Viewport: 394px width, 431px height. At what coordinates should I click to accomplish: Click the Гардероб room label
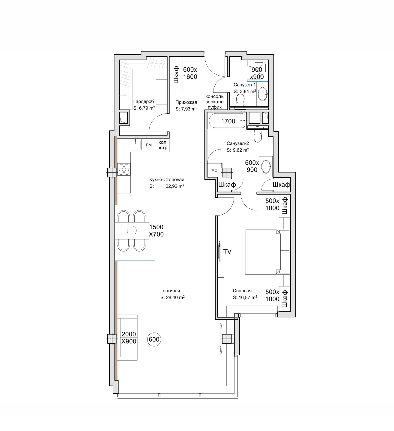tap(143, 101)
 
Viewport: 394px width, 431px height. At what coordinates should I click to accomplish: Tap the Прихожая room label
tap(186, 102)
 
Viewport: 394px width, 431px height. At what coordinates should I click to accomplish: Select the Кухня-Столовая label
tap(167, 179)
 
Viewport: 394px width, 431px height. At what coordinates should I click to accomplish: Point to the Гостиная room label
tap(170, 291)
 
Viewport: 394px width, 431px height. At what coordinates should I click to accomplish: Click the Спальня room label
tap(242, 291)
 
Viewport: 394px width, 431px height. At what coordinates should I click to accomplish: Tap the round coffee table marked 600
tap(154, 339)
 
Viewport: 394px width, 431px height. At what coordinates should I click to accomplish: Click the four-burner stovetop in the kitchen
tap(124, 169)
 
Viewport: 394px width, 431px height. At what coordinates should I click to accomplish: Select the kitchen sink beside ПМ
tap(135, 144)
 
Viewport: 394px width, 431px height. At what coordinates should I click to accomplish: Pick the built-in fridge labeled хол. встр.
tap(163, 145)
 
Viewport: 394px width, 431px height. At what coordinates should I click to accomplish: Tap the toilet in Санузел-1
tap(240, 101)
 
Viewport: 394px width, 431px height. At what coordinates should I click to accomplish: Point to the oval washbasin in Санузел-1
tap(263, 94)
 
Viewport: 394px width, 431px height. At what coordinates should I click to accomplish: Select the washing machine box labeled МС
tap(214, 170)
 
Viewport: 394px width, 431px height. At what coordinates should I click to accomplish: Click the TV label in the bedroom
tap(227, 252)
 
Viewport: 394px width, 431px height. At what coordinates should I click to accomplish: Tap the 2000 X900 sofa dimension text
tap(129, 338)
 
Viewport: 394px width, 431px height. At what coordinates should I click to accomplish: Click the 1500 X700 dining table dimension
tap(156, 231)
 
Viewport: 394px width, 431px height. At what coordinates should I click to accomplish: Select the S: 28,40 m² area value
tap(172, 297)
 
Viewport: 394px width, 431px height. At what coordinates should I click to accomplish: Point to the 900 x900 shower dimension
tap(257, 73)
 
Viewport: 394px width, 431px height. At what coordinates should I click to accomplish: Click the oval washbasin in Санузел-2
tap(266, 166)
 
